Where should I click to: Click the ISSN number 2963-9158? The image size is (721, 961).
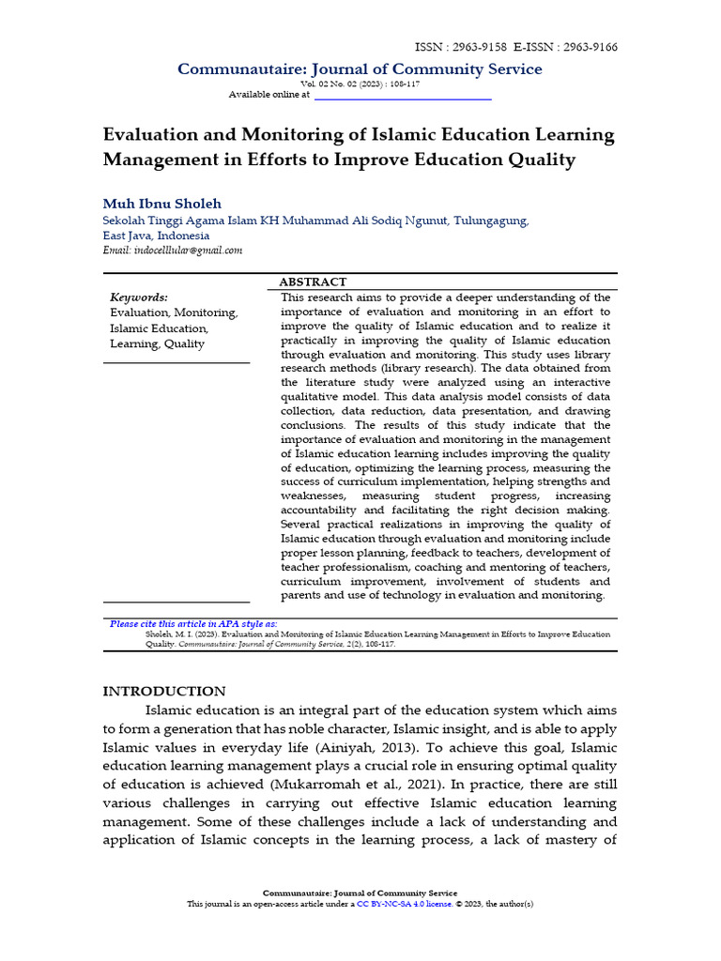480,47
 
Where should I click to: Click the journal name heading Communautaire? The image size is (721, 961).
360,69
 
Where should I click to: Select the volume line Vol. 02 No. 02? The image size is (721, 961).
360,84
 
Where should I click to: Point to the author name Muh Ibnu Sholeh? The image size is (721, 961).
161,204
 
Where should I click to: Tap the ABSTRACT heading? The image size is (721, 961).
313,282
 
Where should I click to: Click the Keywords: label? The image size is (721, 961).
139,297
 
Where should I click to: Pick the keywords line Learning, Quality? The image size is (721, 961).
157,344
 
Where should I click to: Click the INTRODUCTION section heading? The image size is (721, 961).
164,691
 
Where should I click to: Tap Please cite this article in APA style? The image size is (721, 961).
193,623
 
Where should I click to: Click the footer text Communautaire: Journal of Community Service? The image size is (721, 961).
360,892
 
